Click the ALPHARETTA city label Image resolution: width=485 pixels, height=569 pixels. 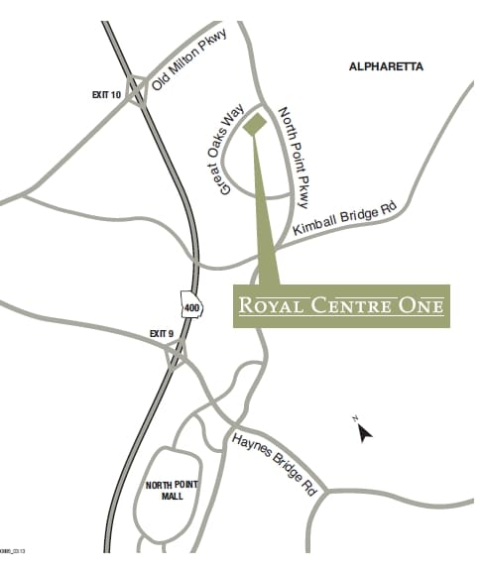pos(386,66)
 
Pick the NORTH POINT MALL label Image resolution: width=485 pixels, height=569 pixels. pos(173,491)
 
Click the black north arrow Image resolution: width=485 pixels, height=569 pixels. pos(365,432)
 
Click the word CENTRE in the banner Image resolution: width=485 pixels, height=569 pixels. pos(355,305)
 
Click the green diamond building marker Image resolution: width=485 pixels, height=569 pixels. pos(254,123)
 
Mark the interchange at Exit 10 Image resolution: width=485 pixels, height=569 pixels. pos(135,91)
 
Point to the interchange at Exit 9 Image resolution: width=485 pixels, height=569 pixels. pos(177,353)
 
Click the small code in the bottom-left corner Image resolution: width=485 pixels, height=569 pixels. pos(12,551)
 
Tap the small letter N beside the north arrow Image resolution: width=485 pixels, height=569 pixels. pos(354,420)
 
